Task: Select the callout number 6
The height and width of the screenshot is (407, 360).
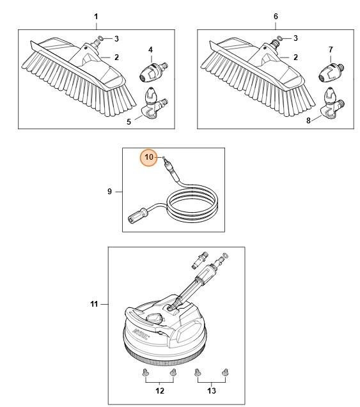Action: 276,15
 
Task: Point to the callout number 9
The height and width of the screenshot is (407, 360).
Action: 109,191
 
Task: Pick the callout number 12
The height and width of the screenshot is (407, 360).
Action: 160,390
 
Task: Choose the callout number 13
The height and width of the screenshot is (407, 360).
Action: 212,390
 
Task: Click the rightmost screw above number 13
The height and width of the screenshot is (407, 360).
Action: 224,371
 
